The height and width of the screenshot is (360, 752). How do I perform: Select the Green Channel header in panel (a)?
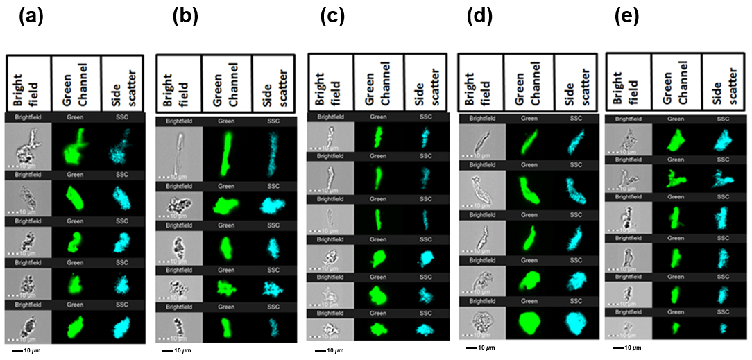click(75, 83)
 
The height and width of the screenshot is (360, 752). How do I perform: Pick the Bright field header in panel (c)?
click(330, 85)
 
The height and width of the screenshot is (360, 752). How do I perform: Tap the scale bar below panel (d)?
click(472, 346)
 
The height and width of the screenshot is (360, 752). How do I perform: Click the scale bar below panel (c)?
click(321, 350)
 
